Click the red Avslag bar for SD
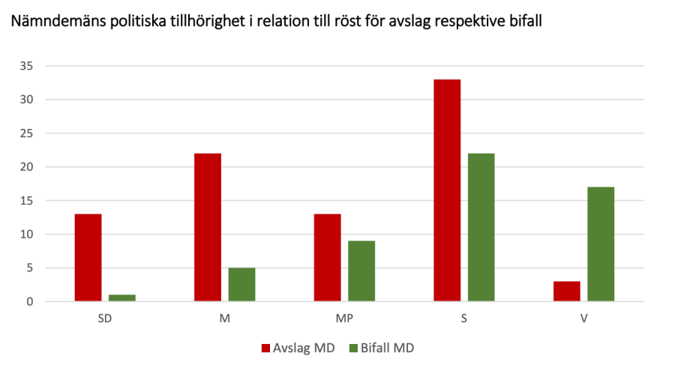pyautogui.click(x=88, y=258)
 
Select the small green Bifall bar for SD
pyautogui.click(x=122, y=298)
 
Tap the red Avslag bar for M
pyautogui.click(x=208, y=227)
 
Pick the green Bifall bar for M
pyautogui.click(x=241, y=285)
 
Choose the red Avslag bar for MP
pyautogui.click(x=327, y=258)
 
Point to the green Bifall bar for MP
pyautogui.click(x=361, y=271)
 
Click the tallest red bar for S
pyautogui.click(x=447, y=190)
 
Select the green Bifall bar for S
pyautogui.click(x=481, y=227)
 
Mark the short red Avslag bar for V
pyautogui.click(x=566, y=292)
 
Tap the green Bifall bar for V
pyautogui.click(x=601, y=244)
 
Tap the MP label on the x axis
pyautogui.click(x=344, y=319)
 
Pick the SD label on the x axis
pyautogui.click(x=105, y=319)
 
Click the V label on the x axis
pyautogui.click(x=583, y=319)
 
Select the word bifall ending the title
pyautogui.click(x=523, y=22)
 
